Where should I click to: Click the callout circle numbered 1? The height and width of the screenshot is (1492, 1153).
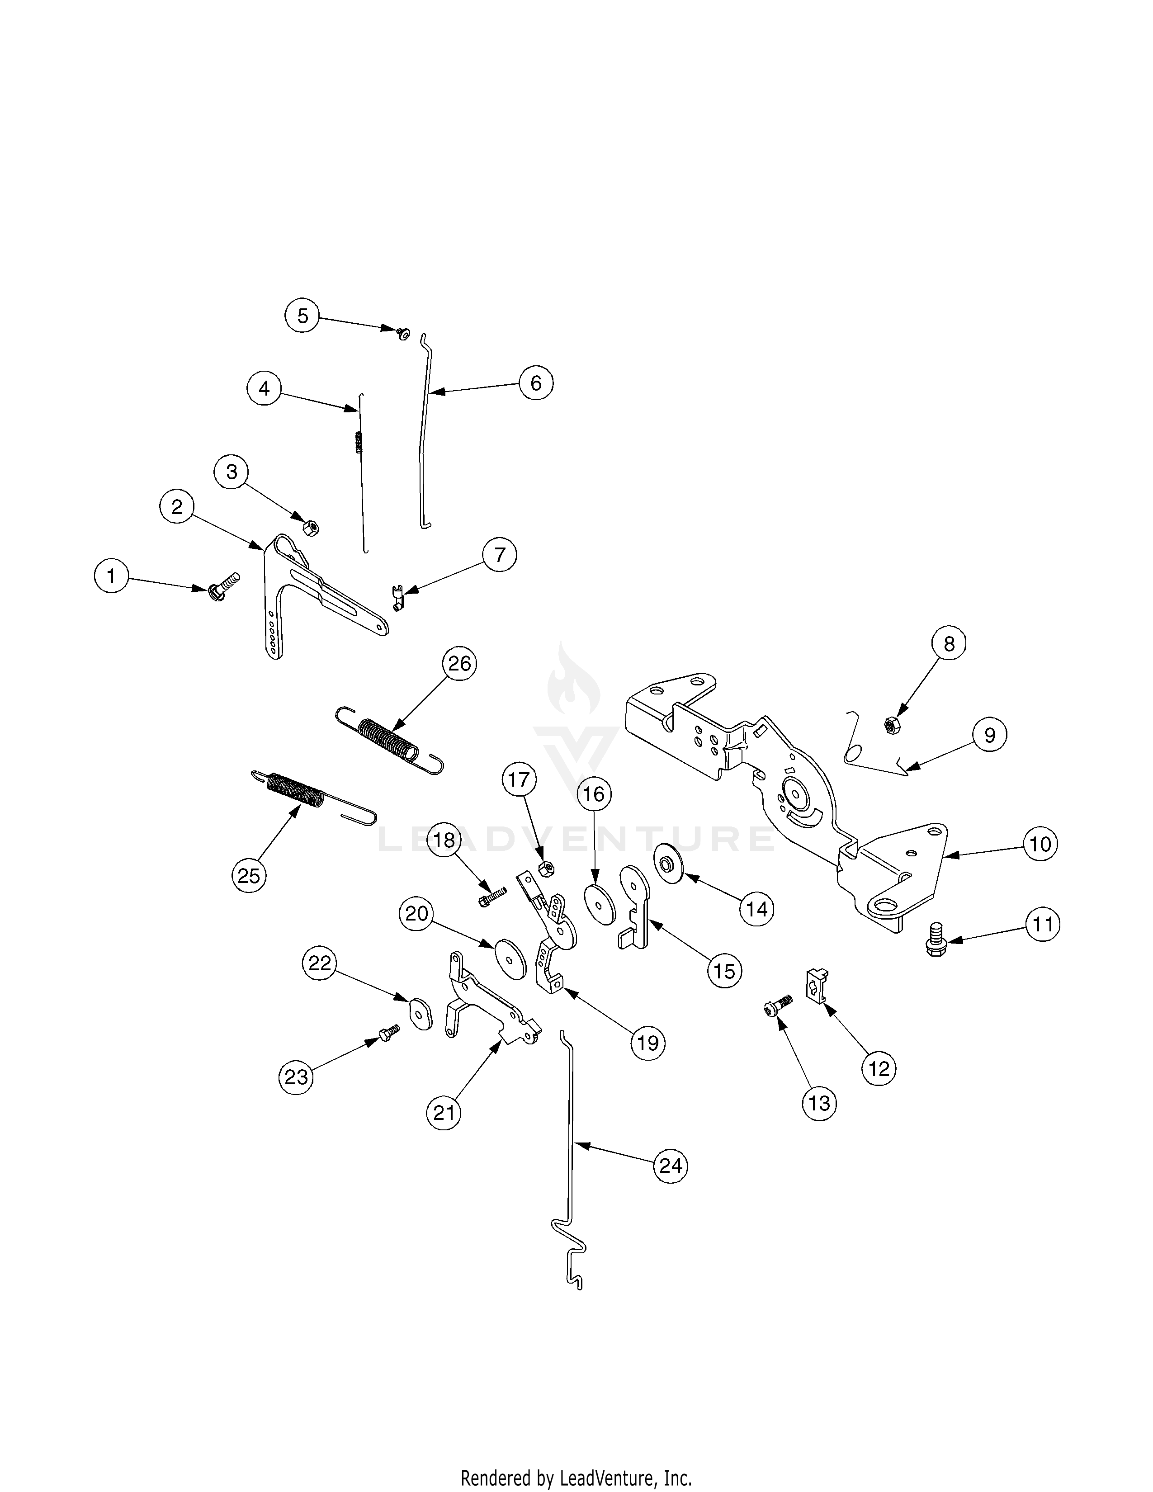[x=111, y=576]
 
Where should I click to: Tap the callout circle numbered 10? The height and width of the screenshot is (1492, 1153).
[x=1040, y=845]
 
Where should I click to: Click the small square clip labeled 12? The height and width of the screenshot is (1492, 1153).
[x=817, y=985]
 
